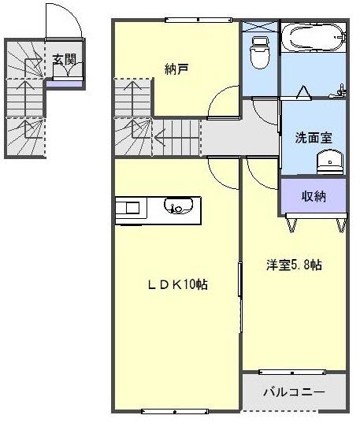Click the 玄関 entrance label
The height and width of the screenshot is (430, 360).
(x=65, y=59)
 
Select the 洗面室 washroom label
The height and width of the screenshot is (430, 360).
(x=314, y=137)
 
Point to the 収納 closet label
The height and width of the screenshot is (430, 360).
(x=314, y=195)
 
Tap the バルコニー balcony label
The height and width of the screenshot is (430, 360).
(x=293, y=391)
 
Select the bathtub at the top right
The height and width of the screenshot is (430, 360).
(x=314, y=36)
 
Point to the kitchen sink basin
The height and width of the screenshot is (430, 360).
(x=177, y=208)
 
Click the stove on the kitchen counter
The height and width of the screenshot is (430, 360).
(x=130, y=208)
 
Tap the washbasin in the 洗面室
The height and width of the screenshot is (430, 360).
(x=328, y=163)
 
